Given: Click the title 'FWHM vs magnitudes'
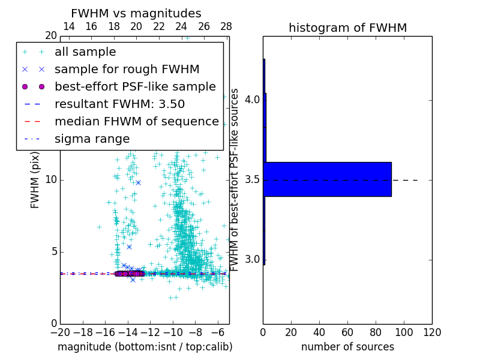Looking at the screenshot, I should pos(136,14).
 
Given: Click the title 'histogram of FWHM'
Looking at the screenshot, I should pos(347,28).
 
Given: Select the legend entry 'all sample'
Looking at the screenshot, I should pos(85,52).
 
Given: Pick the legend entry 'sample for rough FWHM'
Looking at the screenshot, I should pos(127,69).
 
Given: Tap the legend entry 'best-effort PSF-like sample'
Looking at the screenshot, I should pos(135,86).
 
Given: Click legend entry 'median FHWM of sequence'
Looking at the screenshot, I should pos(136,121).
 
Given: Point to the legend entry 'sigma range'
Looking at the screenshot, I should pos(92,139).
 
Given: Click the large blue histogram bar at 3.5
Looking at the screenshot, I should pos(328,179).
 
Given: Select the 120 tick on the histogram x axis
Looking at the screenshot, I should pos(432,332).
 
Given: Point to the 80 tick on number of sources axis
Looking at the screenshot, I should pos(376,332).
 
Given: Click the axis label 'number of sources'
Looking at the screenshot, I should pos(347,347).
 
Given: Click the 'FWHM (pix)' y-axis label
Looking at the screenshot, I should pos(35,179).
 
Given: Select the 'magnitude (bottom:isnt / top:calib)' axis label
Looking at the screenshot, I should pos(145,347).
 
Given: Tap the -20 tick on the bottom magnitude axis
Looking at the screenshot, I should pos(60,332).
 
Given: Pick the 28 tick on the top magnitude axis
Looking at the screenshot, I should pos(226,26).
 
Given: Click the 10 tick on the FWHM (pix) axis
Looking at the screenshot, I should pos(50,179).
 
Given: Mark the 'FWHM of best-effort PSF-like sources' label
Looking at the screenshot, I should pos(235,179).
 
